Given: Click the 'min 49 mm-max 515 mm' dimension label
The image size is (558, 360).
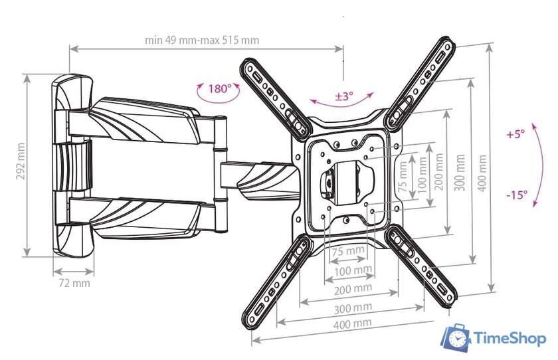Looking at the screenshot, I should point(202,40).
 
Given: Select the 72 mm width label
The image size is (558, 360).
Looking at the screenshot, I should point(74,283).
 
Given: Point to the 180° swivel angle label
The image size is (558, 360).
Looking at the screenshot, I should point(219,89).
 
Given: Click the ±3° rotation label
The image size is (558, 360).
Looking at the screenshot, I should point(343,96).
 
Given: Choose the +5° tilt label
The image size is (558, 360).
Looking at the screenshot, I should point(515,134).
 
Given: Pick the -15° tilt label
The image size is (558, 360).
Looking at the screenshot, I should point(516,195).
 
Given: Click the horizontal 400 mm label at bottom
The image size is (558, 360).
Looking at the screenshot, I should point(352,323).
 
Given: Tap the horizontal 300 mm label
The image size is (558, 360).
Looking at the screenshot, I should point(353,308).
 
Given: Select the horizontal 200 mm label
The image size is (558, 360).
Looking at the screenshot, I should point(353,289).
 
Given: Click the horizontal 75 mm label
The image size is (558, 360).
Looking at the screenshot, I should point(348,252).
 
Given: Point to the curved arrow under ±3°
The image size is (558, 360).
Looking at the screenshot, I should point(343,104).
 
